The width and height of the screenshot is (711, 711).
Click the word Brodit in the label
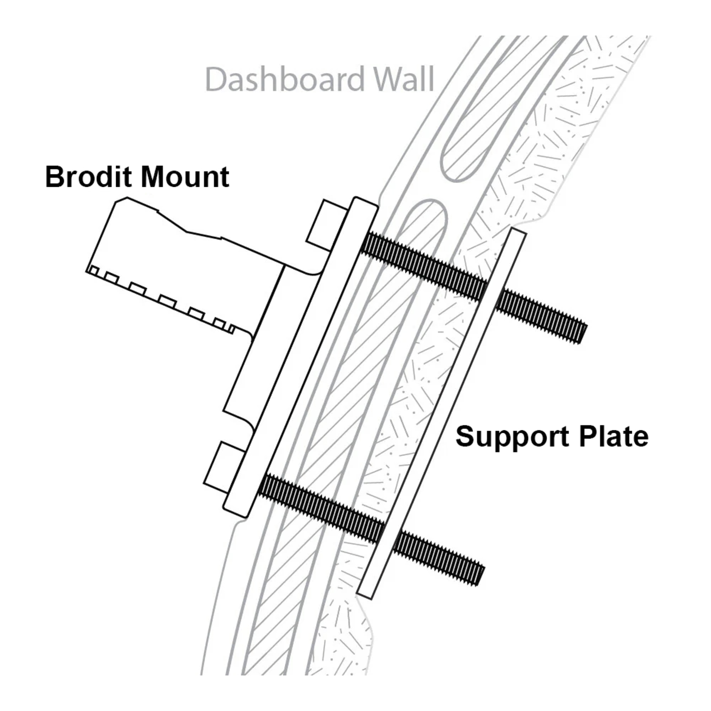pyautogui.click(x=88, y=177)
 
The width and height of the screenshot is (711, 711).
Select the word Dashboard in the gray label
pyautogui.click(x=285, y=79)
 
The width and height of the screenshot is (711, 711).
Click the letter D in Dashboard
pyautogui.click(x=215, y=80)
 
